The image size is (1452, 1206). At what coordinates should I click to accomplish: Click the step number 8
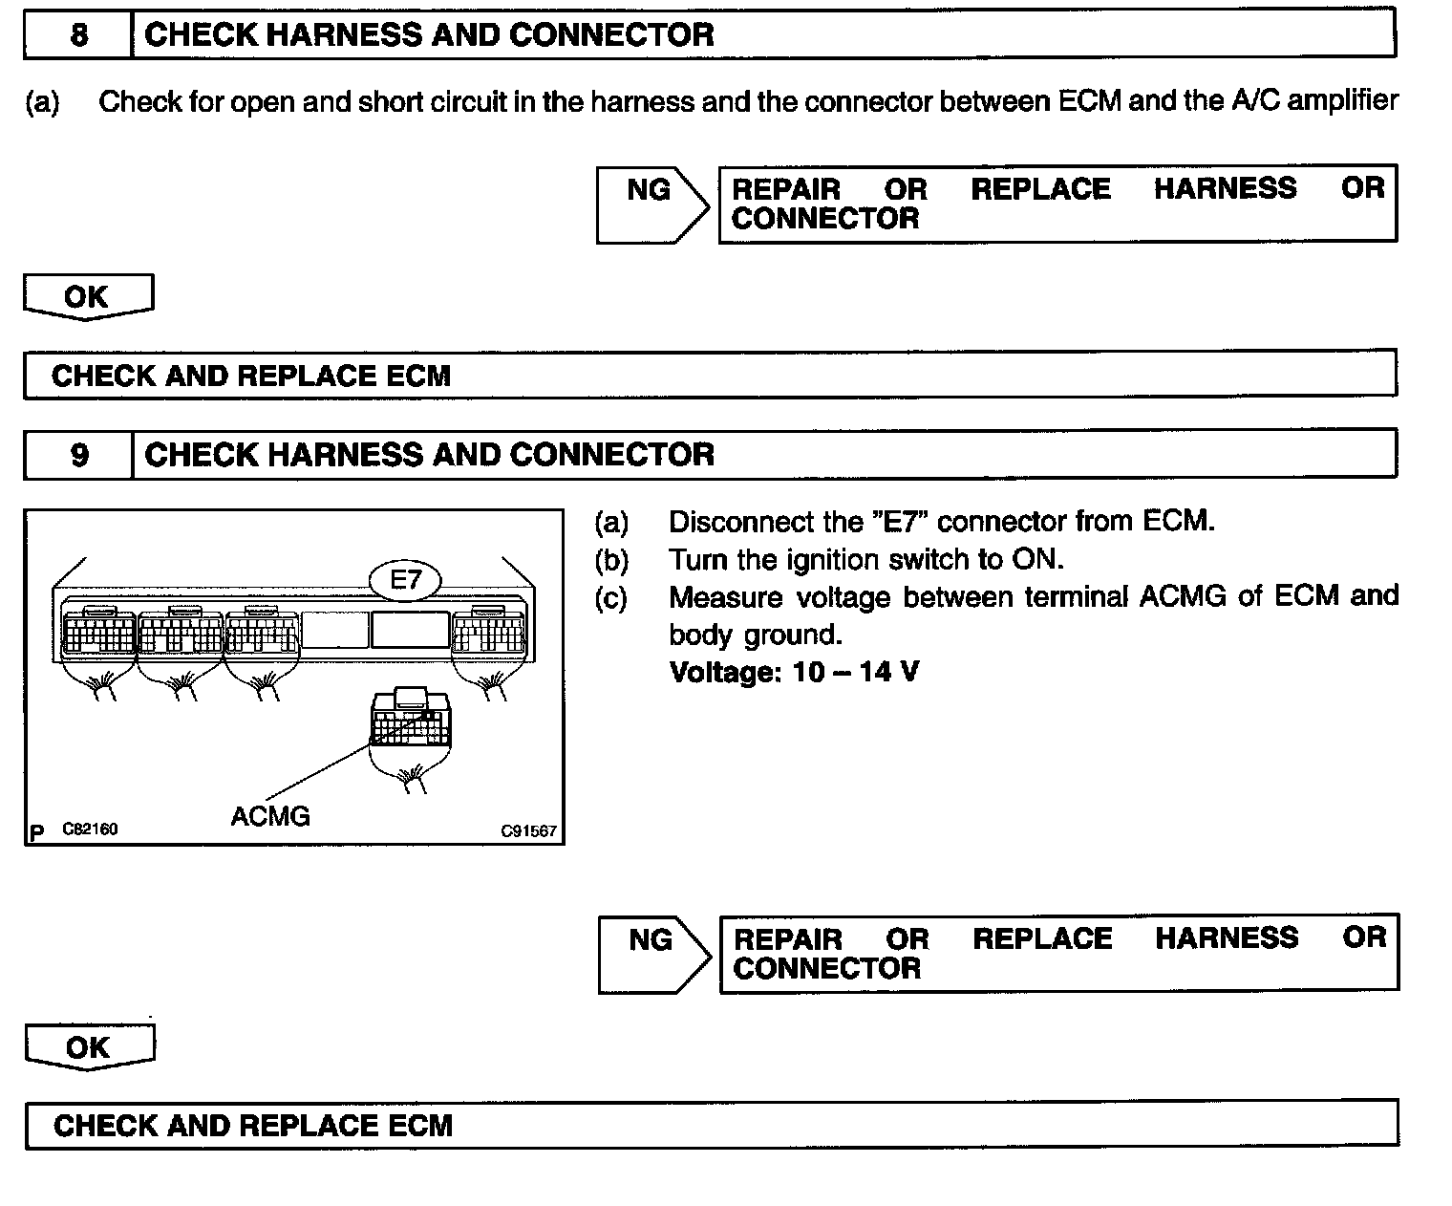tap(79, 35)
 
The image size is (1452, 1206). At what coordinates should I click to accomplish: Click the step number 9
tap(79, 454)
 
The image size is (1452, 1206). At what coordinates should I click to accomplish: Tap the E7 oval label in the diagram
tap(406, 580)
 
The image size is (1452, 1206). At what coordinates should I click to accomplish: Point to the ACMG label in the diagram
tap(270, 816)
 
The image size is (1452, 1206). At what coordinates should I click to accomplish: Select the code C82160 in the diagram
tap(90, 829)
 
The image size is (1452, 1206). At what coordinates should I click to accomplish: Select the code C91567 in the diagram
tap(528, 830)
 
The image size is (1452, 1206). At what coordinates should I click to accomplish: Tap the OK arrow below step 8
tap(87, 296)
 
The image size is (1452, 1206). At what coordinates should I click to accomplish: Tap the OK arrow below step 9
tap(89, 1046)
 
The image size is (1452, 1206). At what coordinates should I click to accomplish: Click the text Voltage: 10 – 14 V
tap(794, 672)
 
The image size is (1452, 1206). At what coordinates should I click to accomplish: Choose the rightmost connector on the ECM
tap(489, 631)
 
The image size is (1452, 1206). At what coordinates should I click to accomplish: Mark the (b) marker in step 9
tap(611, 559)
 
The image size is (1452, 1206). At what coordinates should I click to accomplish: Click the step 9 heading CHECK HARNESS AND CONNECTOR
tap(429, 454)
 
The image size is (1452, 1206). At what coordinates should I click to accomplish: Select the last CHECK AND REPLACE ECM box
tap(711, 1125)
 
